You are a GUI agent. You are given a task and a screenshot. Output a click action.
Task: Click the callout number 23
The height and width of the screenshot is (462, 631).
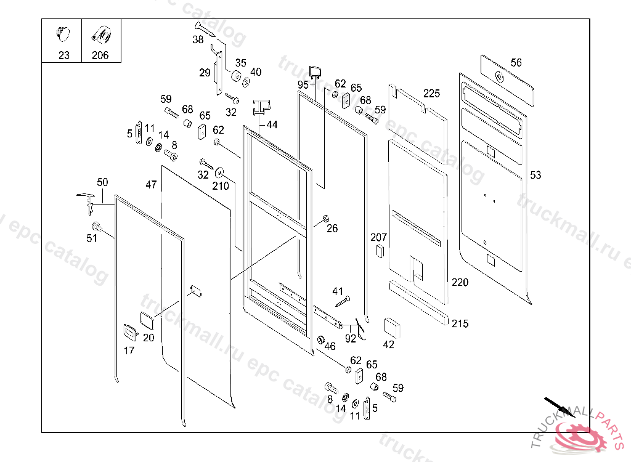(64, 55)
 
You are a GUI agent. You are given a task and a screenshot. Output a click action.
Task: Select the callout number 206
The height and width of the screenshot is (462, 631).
(100, 55)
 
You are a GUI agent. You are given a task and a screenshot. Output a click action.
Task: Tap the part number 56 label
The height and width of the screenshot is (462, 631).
(516, 63)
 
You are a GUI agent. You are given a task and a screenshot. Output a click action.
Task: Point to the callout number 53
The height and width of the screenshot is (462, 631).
(535, 175)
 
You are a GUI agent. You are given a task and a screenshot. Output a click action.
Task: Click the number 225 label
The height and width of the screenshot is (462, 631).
(431, 94)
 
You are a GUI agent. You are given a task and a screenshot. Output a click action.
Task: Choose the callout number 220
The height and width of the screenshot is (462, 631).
(459, 283)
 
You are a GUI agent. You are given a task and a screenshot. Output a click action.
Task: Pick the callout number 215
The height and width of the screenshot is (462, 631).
(459, 323)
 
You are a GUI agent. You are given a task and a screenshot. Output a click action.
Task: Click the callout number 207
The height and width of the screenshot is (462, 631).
(378, 237)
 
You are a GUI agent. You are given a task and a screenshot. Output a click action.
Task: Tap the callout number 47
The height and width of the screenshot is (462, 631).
(152, 184)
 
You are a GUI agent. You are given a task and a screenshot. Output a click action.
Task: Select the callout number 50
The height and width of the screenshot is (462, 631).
(102, 182)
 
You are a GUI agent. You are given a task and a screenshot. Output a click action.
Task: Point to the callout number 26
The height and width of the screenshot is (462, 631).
(332, 229)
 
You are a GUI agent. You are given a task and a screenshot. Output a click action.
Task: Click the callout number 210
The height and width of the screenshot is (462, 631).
(221, 186)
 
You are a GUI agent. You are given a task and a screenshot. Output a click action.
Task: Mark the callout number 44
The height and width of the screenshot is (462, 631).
(272, 124)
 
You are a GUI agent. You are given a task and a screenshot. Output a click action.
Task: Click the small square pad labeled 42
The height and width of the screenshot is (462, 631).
(392, 328)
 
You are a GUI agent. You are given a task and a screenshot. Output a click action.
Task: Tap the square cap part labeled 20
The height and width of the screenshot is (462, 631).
(148, 320)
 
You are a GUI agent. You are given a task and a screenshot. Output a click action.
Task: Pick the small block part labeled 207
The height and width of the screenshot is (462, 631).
(380, 251)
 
